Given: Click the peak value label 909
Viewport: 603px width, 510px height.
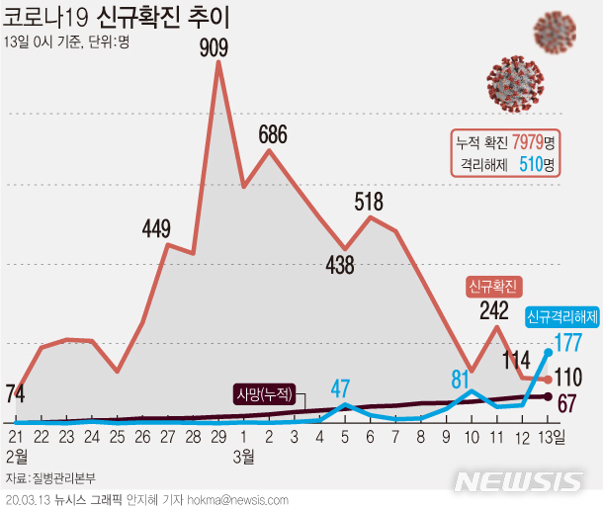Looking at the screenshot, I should point(217,46).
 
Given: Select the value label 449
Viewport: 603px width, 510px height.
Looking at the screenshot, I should point(157,228).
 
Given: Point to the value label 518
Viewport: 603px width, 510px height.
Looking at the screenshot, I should point(369,203).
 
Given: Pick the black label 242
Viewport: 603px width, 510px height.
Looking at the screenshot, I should point(494,311).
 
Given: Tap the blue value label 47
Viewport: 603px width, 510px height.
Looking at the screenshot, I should point(342,386).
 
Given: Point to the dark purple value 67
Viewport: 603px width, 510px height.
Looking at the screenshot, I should point(567,402).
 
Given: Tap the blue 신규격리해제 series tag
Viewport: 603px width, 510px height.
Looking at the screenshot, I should point(561,317).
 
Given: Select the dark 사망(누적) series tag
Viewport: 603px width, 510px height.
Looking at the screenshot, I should point(264,393).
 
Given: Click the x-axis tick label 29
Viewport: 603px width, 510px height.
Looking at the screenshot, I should point(217,436).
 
